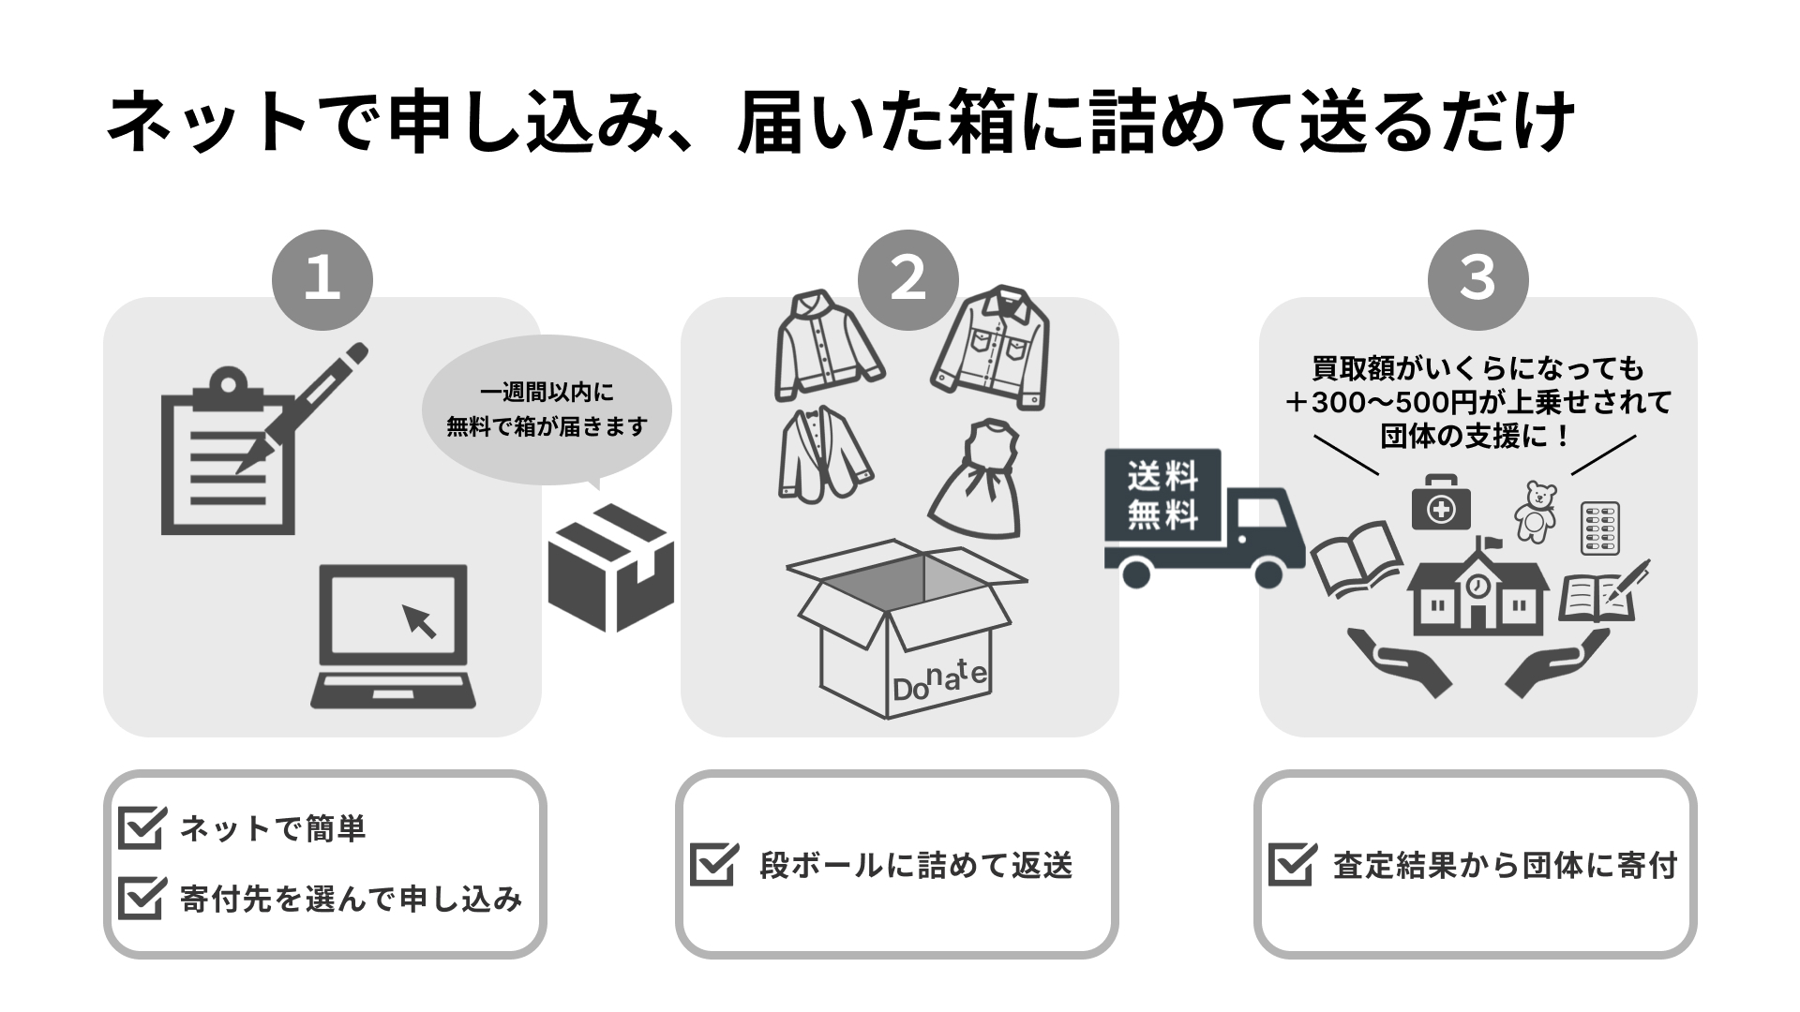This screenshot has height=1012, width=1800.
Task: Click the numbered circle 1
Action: point(322,279)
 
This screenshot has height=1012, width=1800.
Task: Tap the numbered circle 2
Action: point(908,279)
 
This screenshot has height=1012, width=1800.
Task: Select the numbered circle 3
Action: point(1477,279)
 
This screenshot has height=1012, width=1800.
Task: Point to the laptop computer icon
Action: point(393,635)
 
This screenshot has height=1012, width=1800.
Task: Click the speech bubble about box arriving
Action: point(547,410)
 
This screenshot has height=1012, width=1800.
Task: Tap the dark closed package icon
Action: point(611,567)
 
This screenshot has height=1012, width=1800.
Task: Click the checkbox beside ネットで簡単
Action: point(142,826)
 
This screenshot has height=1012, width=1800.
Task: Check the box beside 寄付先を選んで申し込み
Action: point(142,898)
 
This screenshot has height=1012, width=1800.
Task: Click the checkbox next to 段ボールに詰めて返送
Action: point(714,863)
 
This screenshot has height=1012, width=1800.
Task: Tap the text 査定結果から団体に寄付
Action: point(1505,865)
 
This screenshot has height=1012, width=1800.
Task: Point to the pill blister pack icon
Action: point(1600,528)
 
